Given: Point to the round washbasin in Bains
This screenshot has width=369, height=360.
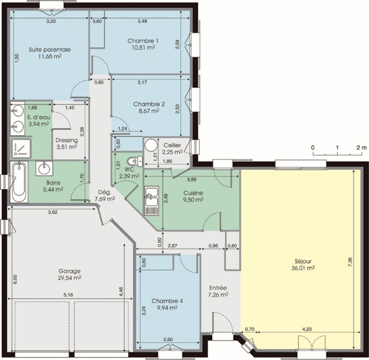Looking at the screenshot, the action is pyautogui.click(x=44, y=168).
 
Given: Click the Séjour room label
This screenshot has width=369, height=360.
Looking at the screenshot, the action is pyautogui.click(x=303, y=261).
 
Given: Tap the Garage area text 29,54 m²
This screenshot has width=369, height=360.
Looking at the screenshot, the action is pyautogui.click(x=70, y=278).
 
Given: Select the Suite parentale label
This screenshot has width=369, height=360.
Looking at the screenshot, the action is pyautogui.click(x=50, y=50).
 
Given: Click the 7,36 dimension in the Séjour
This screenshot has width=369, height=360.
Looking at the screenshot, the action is pyautogui.click(x=350, y=262).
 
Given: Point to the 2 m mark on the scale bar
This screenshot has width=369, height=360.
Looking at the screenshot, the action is pyautogui.click(x=362, y=148).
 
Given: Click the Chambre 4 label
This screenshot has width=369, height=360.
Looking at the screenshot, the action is pyautogui.click(x=167, y=301).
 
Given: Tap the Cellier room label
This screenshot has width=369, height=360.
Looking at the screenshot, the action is pyautogui.click(x=172, y=146).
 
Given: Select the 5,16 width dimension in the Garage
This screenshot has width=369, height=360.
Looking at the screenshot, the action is pyautogui.click(x=68, y=295).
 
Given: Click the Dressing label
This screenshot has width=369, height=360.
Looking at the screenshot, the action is pyautogui.click(x=66, y=140).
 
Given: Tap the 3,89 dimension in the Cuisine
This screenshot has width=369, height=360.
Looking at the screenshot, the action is pyautogui.click(x=192, y=179).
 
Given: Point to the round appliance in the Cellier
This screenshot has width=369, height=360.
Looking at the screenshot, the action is pyautogui.click(x=151, y=145).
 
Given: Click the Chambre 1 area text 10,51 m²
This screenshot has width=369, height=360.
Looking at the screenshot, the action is pyautogui.click(x=143, y=48).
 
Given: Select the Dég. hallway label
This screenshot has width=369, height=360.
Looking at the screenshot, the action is pyautogui.click(x=105, y=192).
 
